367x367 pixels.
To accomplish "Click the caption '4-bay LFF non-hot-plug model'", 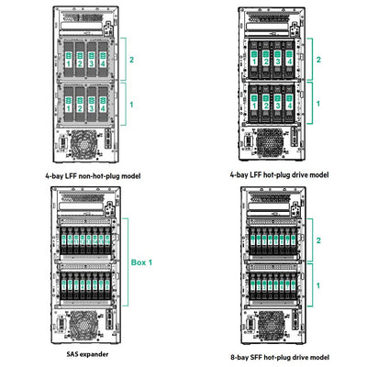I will coord(92,172).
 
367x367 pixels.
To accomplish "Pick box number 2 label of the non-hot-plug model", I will coord(132,59).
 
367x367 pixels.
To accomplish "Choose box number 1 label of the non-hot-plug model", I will coord(132,105).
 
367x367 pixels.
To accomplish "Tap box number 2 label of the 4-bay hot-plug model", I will coord(318,59).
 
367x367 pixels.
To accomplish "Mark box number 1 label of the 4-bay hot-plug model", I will coord(318,104).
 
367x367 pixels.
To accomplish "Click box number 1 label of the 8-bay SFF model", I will coord(318,285).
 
